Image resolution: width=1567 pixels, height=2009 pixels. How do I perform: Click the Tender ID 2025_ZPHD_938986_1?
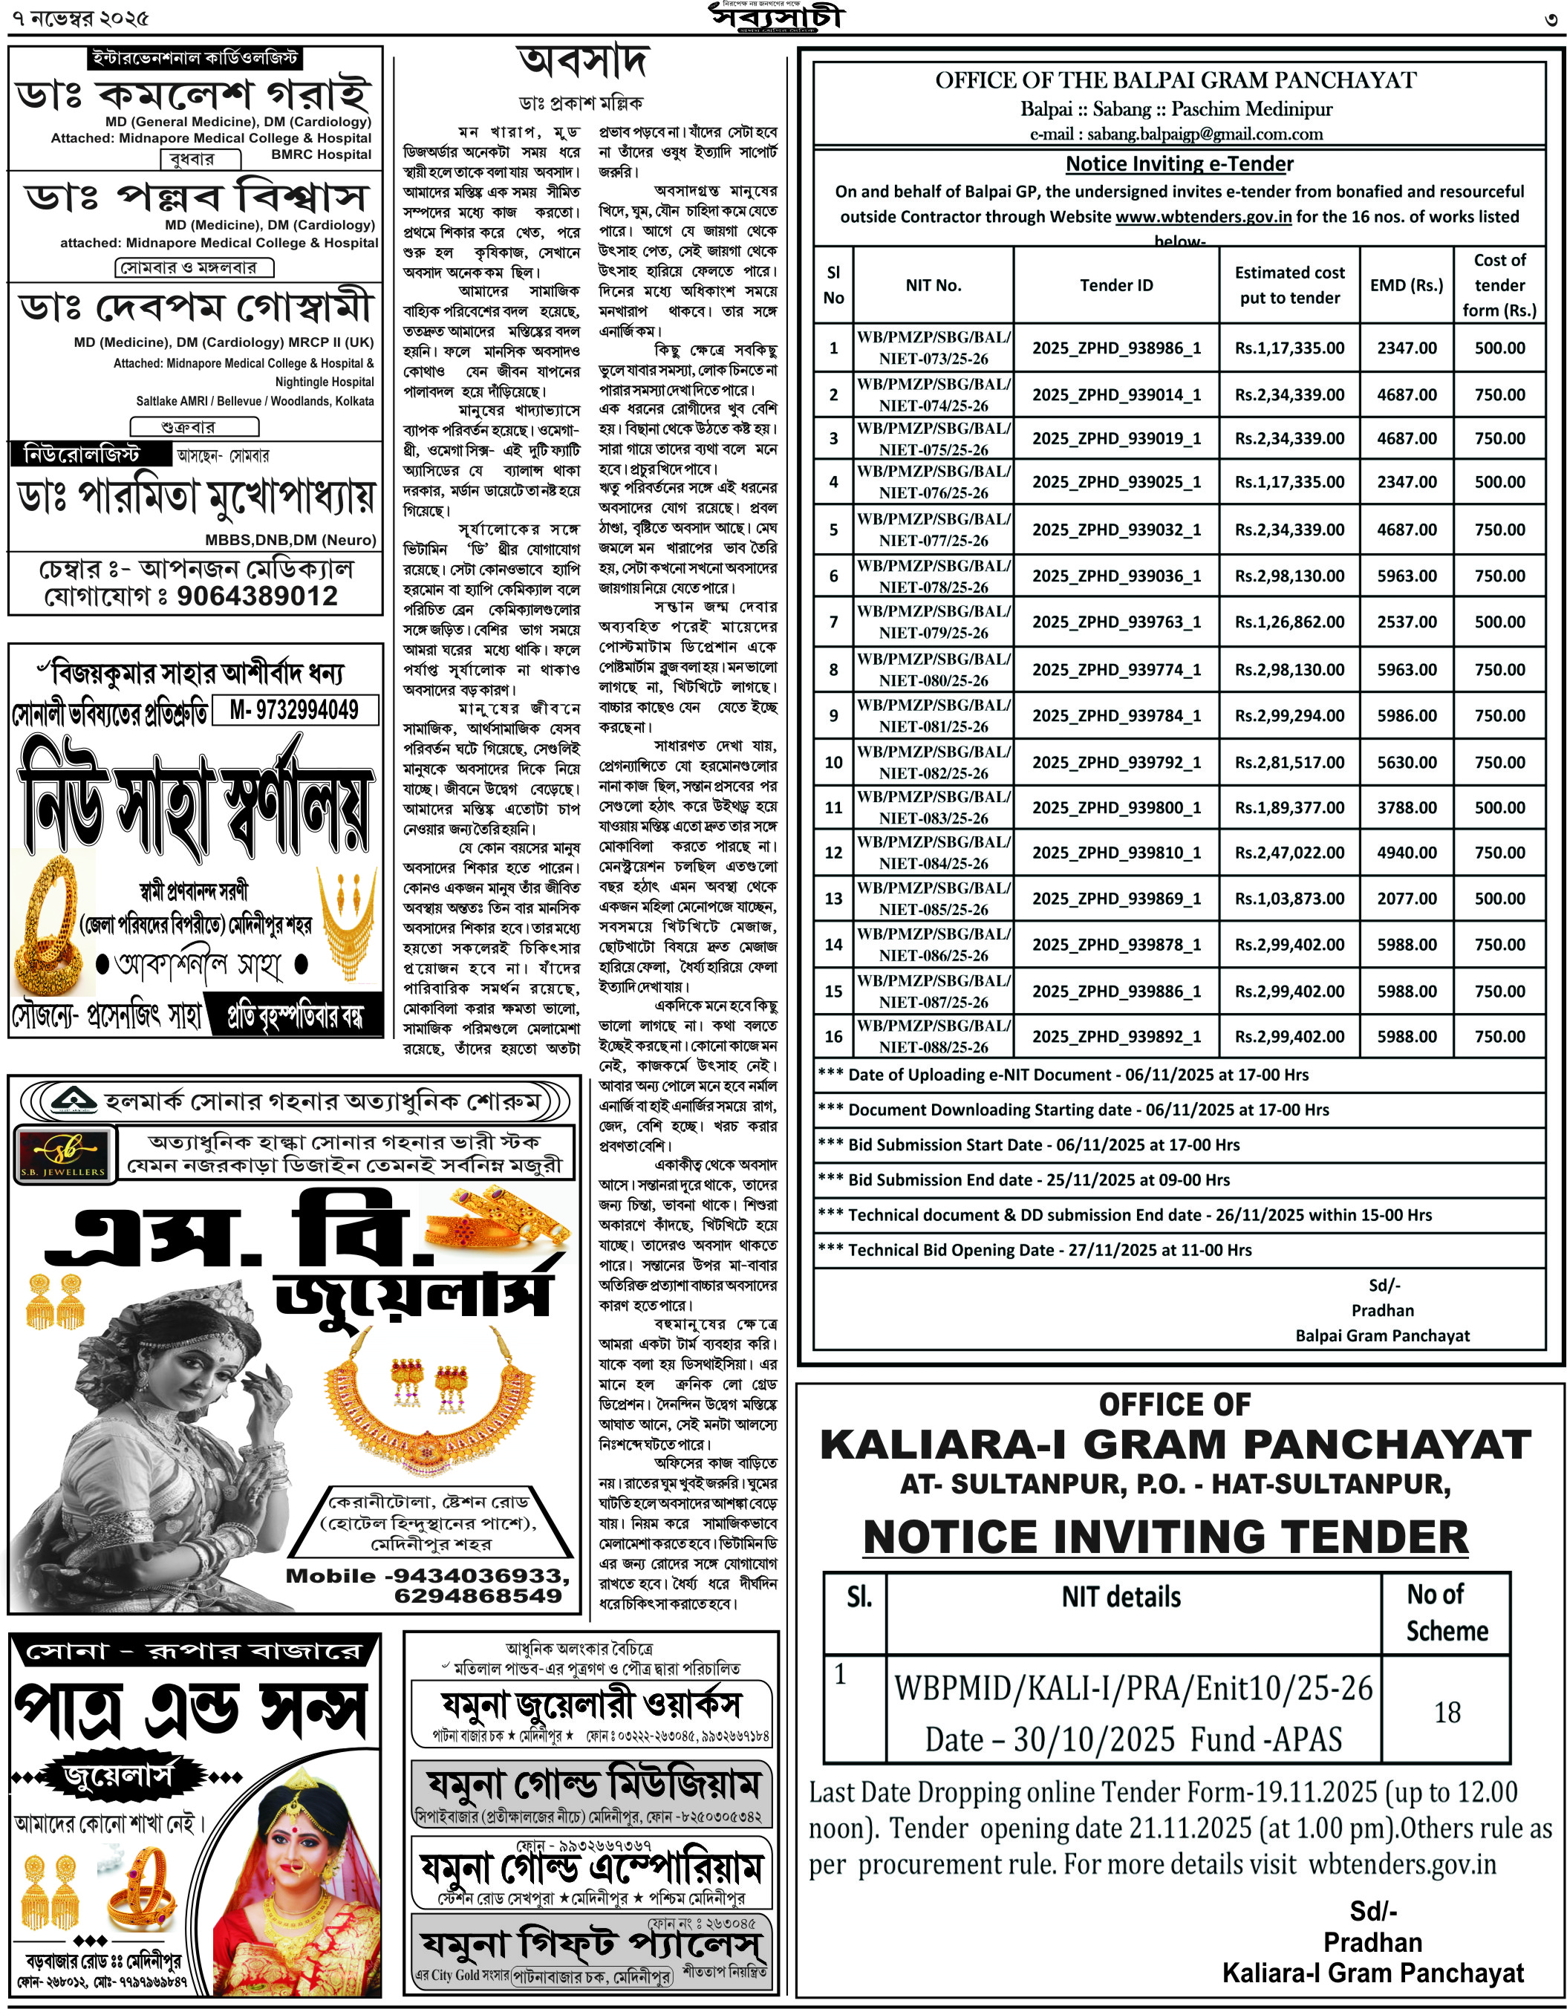click(1115, 348)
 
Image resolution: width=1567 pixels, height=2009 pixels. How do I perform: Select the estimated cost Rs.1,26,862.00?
click(1289, 622)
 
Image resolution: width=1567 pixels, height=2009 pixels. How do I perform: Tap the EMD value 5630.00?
click(1406, 762)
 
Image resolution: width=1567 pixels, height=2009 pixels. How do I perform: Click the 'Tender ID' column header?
click(1115, 285)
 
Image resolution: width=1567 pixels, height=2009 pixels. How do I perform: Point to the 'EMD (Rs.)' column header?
click(1406, 285)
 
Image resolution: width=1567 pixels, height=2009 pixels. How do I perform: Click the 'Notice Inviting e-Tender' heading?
click(1179, 163)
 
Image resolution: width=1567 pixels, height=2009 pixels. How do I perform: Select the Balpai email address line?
click(1176, 134)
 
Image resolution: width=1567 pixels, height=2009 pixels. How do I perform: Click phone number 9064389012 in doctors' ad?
click(258, 596)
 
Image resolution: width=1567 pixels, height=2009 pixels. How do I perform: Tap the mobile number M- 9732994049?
click(294, 709)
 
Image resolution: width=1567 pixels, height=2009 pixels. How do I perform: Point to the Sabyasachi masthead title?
click(775, 16)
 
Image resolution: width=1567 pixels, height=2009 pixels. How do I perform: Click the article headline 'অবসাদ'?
click(583, 62)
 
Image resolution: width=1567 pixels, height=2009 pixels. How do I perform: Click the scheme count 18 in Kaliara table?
click(1447, 1712)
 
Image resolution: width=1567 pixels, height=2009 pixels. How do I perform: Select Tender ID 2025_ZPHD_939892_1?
click(1115, 1037)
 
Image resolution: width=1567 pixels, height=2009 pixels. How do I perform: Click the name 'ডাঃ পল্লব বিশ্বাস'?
click(196, 197)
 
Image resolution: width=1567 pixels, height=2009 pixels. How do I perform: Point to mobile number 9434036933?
click(478, 1576)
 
